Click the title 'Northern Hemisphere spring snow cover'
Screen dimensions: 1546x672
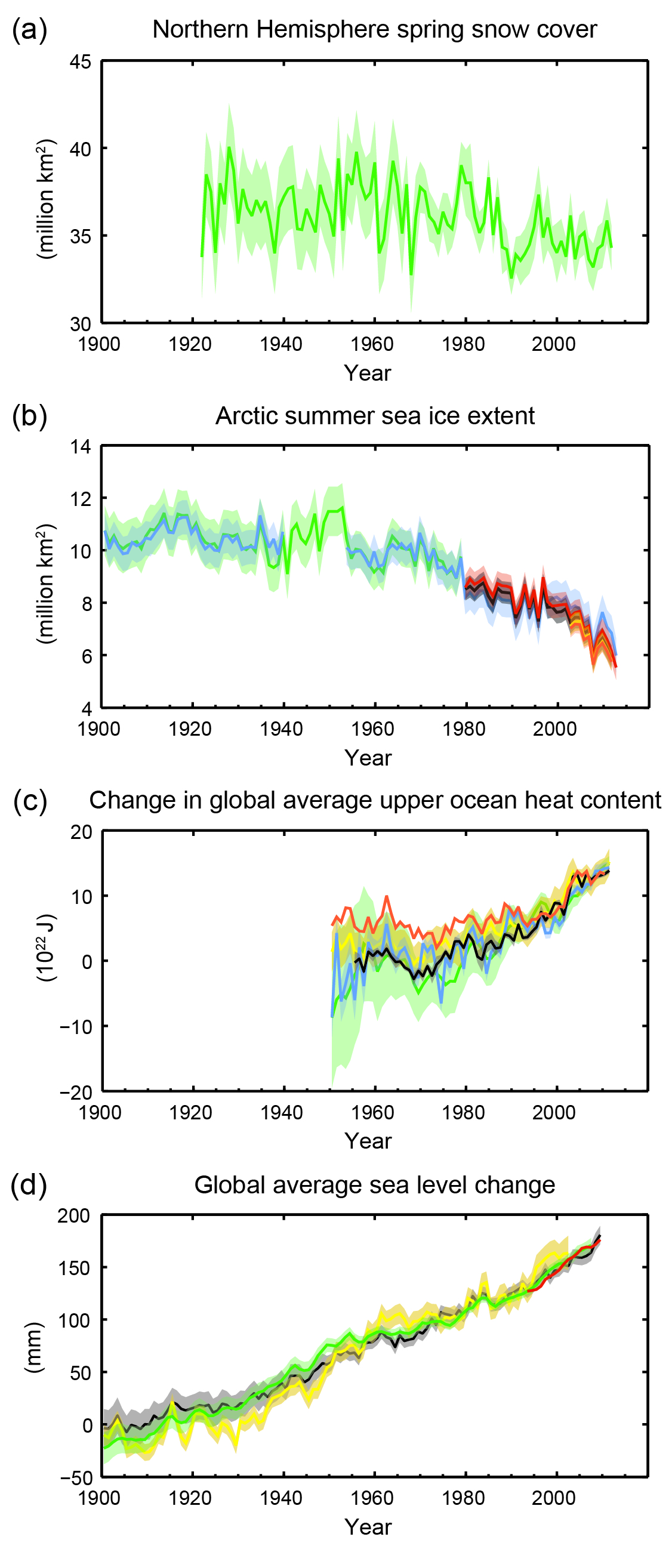[374, 29]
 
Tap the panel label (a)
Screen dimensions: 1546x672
[29, 29]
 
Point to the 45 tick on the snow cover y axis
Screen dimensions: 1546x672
[81, 61]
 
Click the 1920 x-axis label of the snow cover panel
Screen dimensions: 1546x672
[190, 344]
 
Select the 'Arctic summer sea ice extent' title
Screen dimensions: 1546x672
[375, 415]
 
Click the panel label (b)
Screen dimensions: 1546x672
[29, 415]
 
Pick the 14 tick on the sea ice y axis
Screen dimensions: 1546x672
[81, 446]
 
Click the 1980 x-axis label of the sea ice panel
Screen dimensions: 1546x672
[463, 729]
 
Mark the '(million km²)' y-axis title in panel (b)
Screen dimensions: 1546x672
[45, 584]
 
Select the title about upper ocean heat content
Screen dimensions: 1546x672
[375, 800]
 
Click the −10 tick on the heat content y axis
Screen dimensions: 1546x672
[76, 1026]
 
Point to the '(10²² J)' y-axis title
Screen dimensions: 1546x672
[45, 948]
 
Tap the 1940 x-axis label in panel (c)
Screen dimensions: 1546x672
[281, 1112]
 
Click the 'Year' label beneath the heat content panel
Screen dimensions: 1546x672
[368, 1141]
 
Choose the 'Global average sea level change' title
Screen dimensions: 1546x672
[375, 1186]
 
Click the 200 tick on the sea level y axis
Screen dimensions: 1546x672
[73, 1216]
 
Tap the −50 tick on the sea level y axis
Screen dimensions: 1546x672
[76, 1477]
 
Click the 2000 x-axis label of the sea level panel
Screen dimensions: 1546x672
[553, 1498]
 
